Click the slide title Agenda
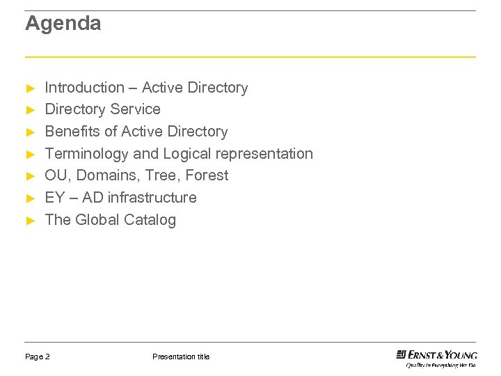point(63,24)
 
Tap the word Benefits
point(72,132)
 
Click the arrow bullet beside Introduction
point(30,88)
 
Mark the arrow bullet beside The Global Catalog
point(30,221)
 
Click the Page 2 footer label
point(38,357)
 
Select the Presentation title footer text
point(180,357)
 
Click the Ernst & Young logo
point(436,357)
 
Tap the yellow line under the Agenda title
point(250,56)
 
